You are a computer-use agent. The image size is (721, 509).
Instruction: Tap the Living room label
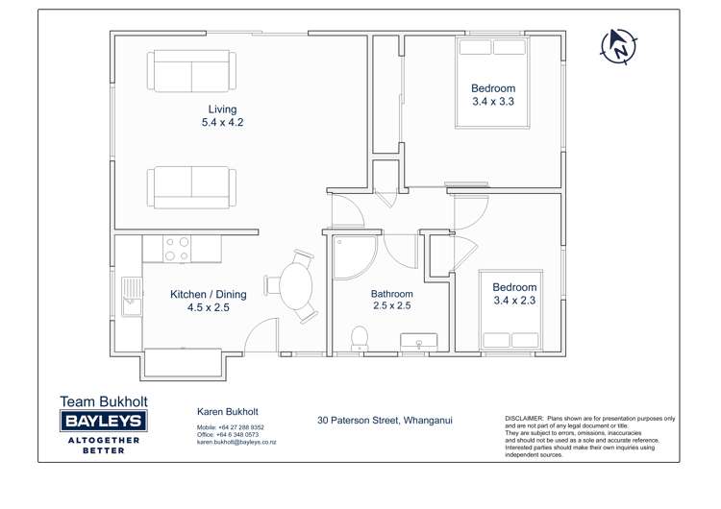click(222, 109)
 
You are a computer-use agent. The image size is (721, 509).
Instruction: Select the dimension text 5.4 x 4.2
click(222, 123)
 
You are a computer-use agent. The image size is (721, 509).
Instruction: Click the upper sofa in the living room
click(191, 71)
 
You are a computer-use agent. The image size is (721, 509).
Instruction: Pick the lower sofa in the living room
click(191, 186)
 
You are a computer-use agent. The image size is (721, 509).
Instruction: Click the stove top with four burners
click(176, 250)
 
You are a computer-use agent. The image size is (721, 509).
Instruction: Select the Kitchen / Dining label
click(209, 294)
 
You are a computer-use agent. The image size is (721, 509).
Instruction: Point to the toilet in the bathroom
click(360, 337)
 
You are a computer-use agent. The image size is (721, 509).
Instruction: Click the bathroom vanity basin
click(418, 341)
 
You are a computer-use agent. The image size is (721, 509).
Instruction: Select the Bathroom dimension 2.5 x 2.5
click(392, 306)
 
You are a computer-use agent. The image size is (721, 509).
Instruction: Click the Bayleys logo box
click(103, 422)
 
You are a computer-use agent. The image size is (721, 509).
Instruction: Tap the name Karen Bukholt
click(227, 412)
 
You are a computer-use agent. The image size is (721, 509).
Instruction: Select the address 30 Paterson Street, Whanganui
click(385, 421)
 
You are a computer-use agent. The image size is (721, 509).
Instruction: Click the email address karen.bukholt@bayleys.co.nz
click(236, 443)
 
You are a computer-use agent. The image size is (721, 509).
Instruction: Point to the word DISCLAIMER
click(524, 420)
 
